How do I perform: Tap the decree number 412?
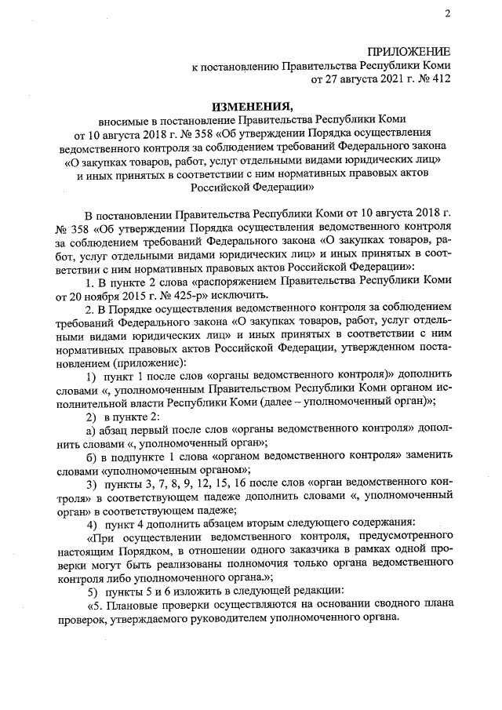[440, 79]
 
